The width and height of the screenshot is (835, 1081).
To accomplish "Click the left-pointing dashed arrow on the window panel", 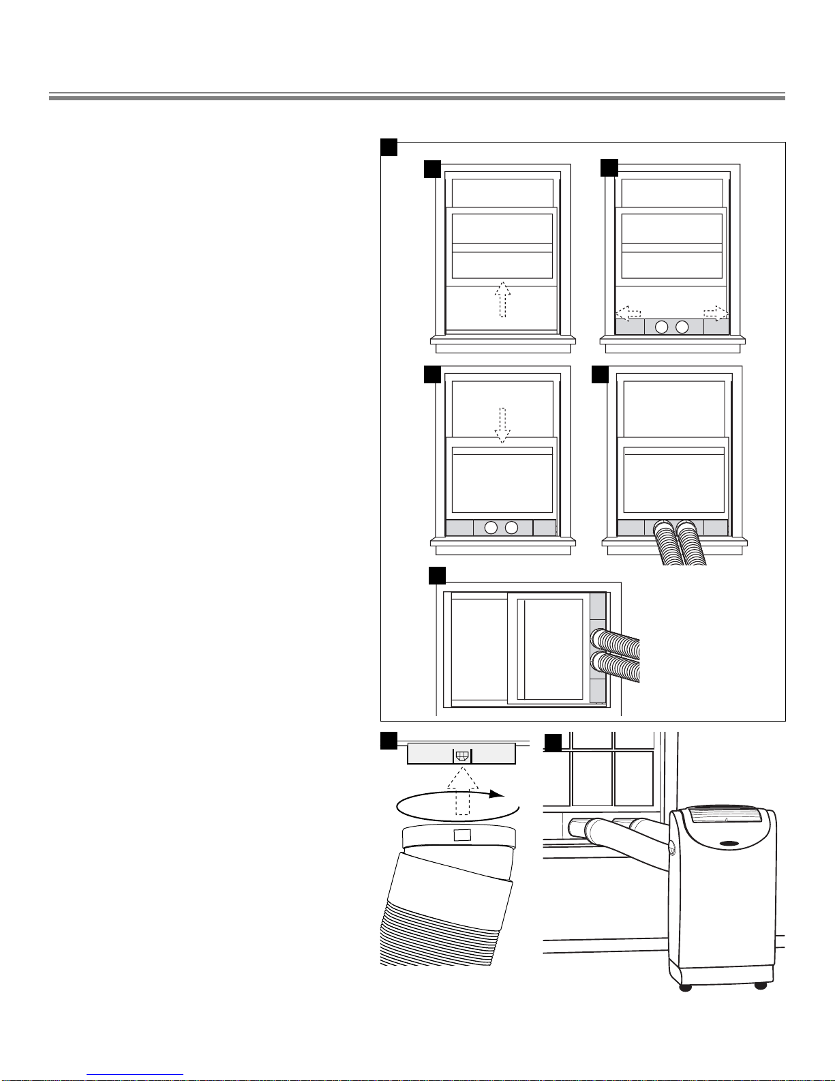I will tap(628, 313).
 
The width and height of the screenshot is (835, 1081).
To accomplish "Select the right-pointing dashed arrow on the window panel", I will tap(716, 313).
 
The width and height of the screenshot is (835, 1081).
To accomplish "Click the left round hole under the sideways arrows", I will tap(661, 327).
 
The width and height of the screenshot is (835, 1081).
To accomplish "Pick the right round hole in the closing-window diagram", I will tap(512, 527).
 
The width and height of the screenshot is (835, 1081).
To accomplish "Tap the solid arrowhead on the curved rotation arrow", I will tap(499, 795).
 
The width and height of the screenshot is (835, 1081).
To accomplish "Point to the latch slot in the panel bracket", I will tap(462, 756).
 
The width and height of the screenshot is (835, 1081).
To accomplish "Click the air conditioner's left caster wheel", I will tap(686, 987).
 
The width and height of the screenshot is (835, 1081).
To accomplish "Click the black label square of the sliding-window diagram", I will tap(437, 576).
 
